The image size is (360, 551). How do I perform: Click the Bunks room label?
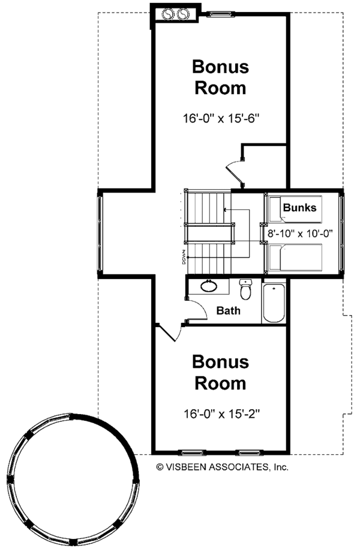300,208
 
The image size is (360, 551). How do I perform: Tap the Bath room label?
229,310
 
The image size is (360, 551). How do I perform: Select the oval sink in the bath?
209,286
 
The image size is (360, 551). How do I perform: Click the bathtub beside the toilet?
274,303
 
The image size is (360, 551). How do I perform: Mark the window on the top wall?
220,11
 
